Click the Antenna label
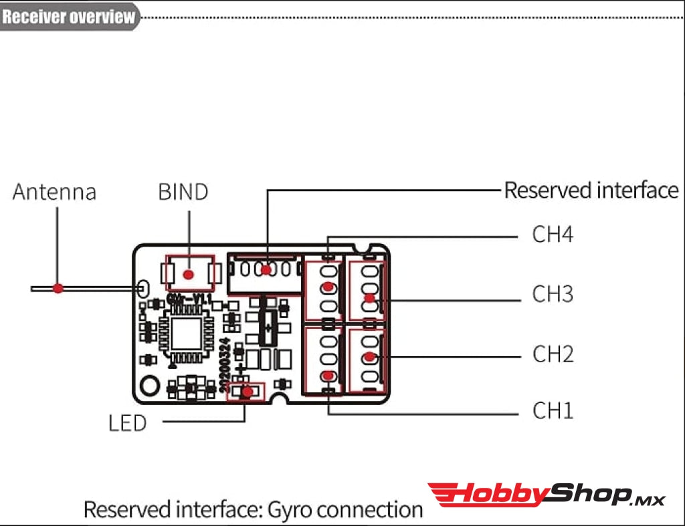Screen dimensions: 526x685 click(54, 192)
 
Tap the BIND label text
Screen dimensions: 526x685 click(183, 192)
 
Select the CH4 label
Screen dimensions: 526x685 click(553, 235)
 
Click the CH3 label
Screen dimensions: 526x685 click(553, 294)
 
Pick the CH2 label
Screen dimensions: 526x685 click(553, 354)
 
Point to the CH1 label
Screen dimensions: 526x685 click(553, 410)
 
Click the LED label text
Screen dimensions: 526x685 click(127, 423)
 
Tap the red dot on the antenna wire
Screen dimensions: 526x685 click(58, 288)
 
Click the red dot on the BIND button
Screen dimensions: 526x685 click(189, 273)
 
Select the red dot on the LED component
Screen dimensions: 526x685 click(247, 392)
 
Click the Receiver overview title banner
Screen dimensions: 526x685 click(69, 16)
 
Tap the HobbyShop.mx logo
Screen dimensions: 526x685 click(546, 495)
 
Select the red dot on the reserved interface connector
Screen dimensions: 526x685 click(266, 270)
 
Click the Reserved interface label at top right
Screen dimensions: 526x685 click(591, 190)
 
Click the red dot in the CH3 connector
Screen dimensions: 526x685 click(369, 298)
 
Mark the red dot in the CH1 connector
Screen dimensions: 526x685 click(328, 376)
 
